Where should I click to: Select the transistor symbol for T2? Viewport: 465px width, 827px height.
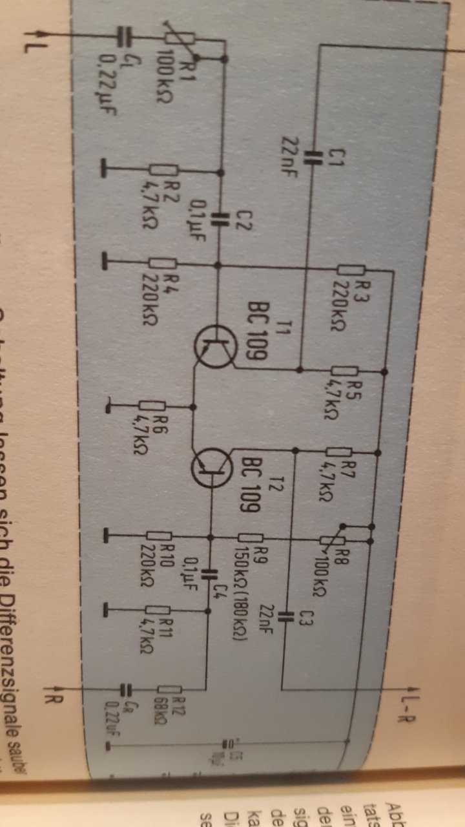211,467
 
